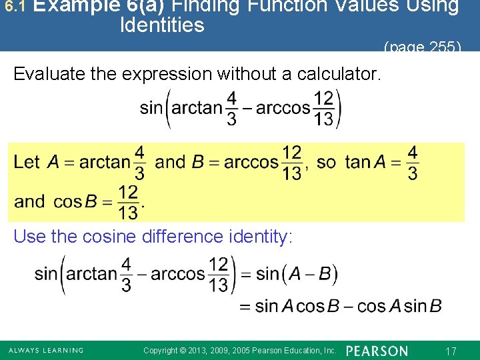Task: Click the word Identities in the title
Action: click(x=162, y=26)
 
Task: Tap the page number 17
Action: click(x=451, y=351)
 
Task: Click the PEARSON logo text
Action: click(x=377, y=351)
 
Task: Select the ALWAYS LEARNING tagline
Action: click(x=46, y=351)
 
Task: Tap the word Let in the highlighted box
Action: click(x=27, y=162)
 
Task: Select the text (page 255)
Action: click(x=422, y=47)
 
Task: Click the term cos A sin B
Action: click(x=399, y=306)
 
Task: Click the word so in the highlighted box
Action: click(x=327, y=162)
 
